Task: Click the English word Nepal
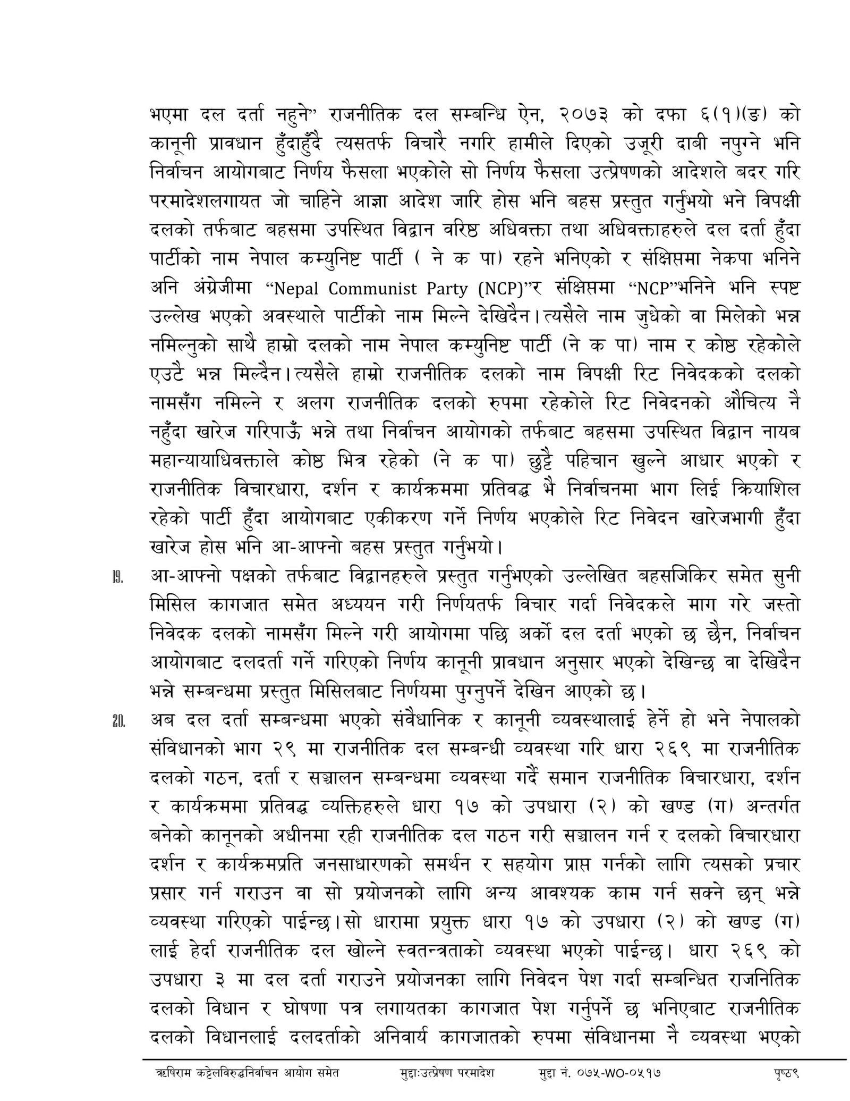coord(295,289)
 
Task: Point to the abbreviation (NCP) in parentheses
coord(500,289)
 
